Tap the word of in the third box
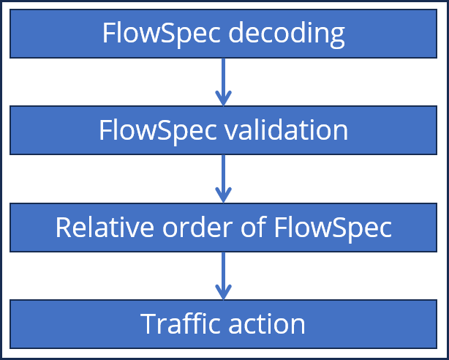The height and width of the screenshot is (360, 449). pyautogui.click(x=254, y=228)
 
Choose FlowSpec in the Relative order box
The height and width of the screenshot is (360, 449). pyautogui.click(x=333, y=228)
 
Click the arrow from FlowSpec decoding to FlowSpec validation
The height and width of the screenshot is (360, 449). pyautogui.click(x=224, y=80)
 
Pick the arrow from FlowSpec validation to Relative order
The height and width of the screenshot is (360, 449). pyautogui.click(x=224, y=177)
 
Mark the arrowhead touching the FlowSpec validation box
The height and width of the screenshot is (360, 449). pyautogui.click(x=224, y=100)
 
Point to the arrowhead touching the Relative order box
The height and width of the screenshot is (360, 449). pyautogui.click(x=224, y=195)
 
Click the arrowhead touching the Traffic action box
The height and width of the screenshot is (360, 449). pyautogui.click(x=224, y=292)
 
